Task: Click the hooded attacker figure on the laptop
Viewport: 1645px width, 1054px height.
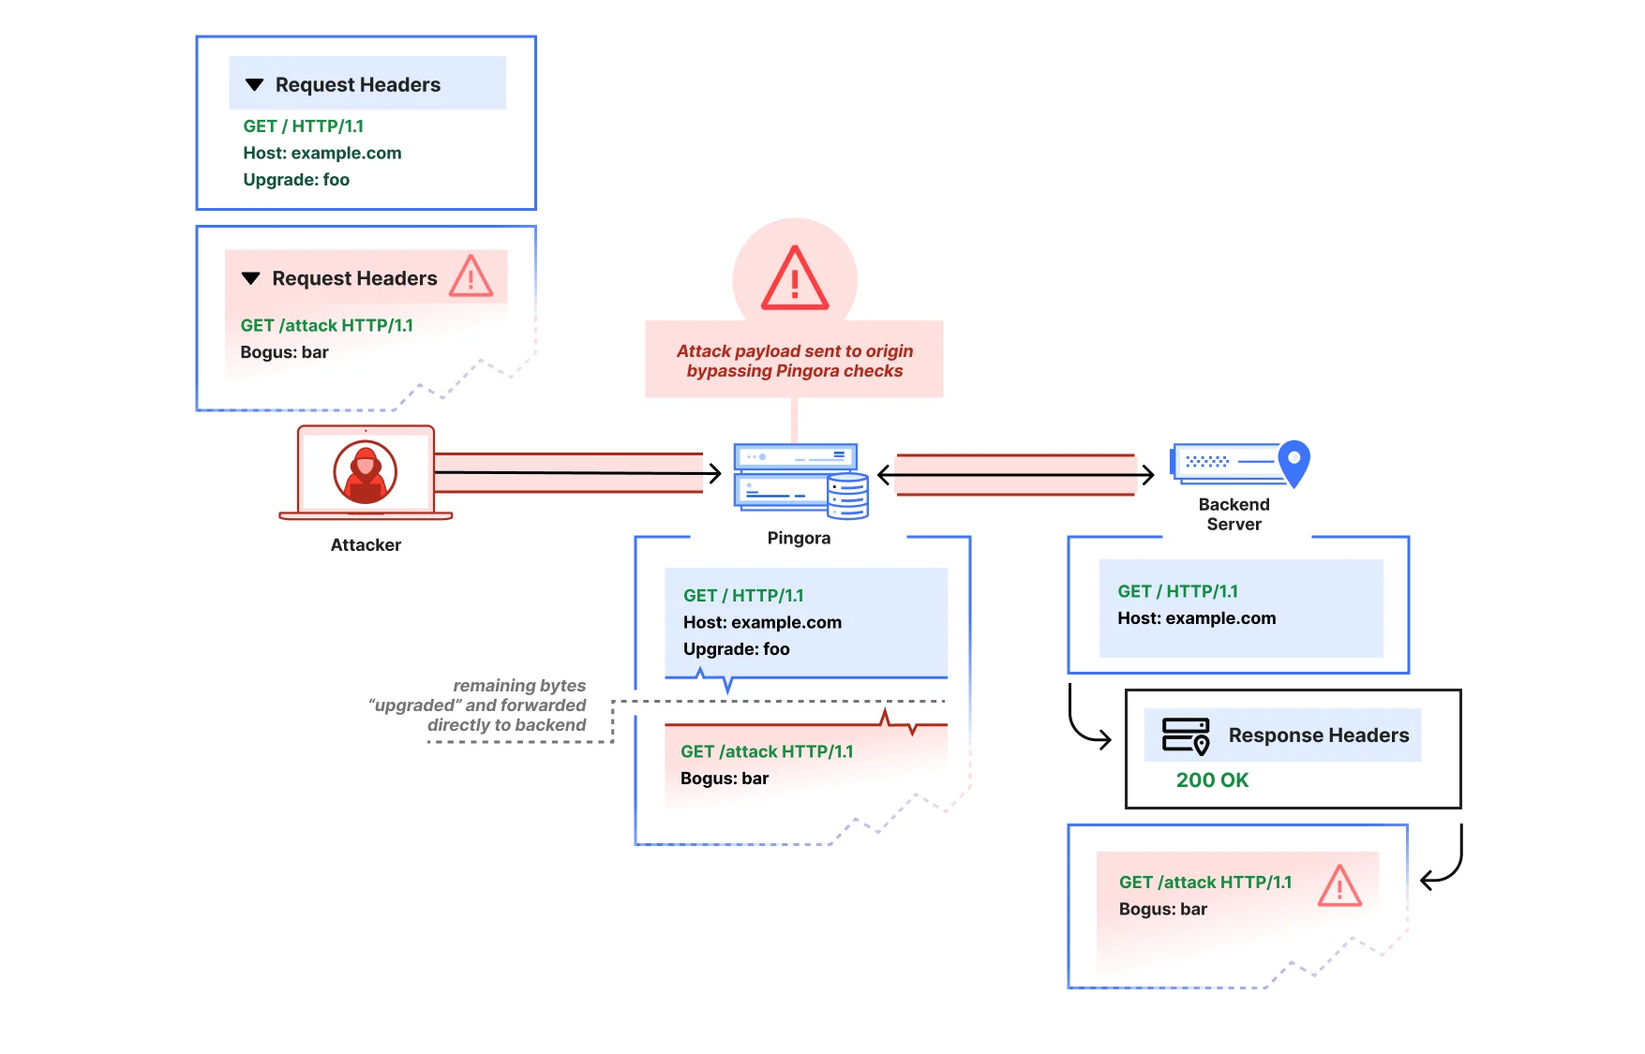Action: (x=366, y=472)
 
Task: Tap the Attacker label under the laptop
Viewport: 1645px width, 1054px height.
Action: (x=366, y=545)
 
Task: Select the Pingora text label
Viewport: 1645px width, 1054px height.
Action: (x=799, y=538)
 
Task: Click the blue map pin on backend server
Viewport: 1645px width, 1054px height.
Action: (x=1294, y=462)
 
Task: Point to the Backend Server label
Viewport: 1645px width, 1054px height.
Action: (x=1234, y=514)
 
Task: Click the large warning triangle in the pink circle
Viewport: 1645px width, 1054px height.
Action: (x=795, y=279)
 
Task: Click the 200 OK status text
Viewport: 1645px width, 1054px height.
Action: (x=1212, y=779)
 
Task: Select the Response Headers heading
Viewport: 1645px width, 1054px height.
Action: (x=1318, y=735)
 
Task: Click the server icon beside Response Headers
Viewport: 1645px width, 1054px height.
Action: (x=1185, y=735)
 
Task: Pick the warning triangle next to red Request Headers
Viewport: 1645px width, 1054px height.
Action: (x=471, y=277)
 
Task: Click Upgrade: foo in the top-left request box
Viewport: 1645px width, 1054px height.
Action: (x=296, y=180)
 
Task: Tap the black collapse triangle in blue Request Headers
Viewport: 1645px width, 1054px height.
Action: (x=254, y=85)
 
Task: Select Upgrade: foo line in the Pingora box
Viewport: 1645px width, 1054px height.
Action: (x=736, y=649)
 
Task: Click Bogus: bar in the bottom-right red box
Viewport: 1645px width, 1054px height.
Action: (x=1162, y=909)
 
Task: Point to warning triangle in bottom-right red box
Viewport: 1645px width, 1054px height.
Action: (x=1339, y=886)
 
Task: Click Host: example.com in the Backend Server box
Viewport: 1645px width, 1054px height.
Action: (x=1196, y=618)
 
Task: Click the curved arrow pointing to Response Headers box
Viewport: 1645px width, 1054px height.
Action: (x=1087, y=722)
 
